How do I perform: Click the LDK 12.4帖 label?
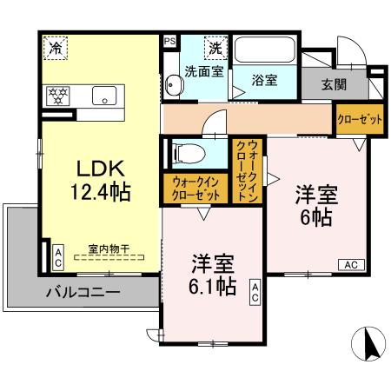tap(100, 178)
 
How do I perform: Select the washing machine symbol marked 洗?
tap(213, 49)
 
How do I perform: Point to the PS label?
tap(169, 40)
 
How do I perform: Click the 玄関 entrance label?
tap(334, 84)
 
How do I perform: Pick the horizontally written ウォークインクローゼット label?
tap(195, 189)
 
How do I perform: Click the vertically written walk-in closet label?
tap(246, 169)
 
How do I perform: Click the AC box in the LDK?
tap(58, 255)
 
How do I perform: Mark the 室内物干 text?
tap(109, 249)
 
